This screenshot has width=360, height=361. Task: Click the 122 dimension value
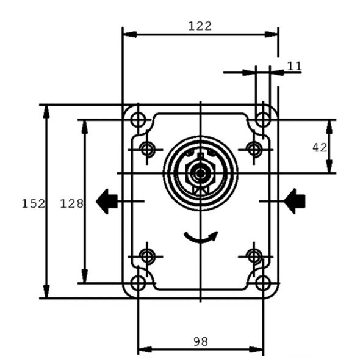point(200,26)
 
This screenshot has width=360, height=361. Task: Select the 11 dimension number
point(294,67)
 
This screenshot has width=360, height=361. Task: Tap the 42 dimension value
point(320,148)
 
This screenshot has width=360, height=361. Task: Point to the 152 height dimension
point(34,204)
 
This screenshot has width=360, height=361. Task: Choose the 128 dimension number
point(71,204)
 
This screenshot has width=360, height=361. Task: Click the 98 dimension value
point(201,341)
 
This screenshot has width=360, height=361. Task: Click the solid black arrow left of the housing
point(107,202)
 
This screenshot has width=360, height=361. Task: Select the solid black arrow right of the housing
point(295,202)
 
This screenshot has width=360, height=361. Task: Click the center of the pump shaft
point(200,173)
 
